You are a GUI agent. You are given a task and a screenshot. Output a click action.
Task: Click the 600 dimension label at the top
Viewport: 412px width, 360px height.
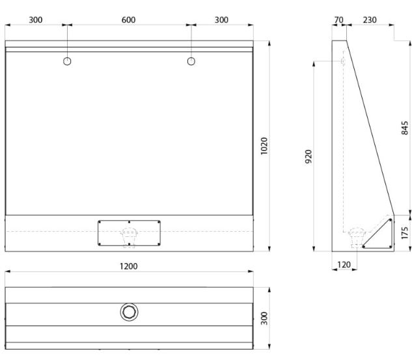128,20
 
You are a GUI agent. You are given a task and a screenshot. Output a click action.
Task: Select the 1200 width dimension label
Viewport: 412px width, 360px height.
128,266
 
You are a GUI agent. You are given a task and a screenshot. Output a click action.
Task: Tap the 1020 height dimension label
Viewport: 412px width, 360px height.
264,146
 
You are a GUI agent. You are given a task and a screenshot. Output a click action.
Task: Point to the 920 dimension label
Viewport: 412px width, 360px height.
309,157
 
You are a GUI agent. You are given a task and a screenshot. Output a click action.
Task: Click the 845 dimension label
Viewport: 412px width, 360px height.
405,128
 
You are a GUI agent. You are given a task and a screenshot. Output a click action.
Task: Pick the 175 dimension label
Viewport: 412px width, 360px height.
405,233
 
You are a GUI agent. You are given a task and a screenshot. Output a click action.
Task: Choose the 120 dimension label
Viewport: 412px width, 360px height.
344,264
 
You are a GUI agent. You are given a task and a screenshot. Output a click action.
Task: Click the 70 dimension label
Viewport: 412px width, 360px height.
338,20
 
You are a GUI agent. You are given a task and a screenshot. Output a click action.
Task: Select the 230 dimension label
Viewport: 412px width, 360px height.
370,20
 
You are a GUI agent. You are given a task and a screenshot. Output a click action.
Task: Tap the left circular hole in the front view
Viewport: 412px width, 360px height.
67,61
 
